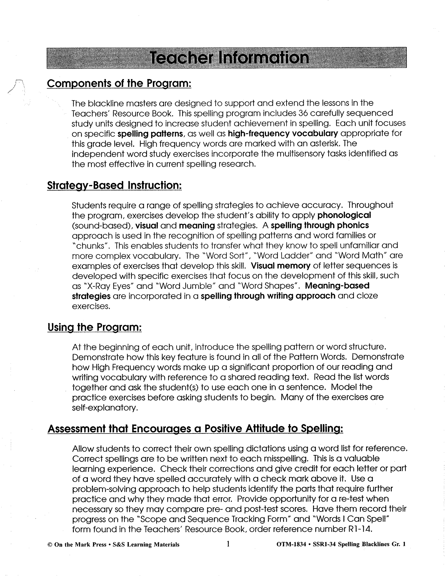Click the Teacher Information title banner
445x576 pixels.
tap(227, 58)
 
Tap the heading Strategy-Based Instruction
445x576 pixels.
tap(115, 185)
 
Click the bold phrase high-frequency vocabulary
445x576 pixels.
tap(283, 133)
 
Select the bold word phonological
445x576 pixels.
tap(344, 215)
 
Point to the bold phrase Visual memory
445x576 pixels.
tap(281, 266)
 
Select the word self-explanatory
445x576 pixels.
tap(105, 408)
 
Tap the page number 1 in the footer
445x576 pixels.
tap(228, 544)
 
